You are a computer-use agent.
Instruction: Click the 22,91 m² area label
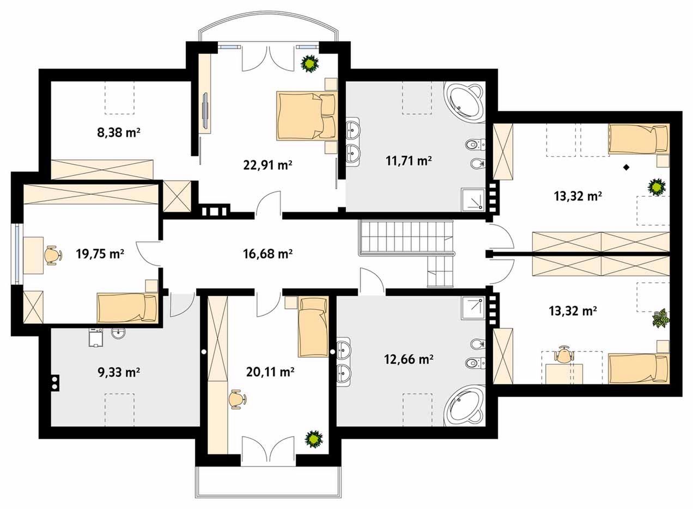268,165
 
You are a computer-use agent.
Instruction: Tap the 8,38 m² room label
118,133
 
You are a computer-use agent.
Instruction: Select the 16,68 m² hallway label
268,254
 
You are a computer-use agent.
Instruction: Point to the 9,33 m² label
118,372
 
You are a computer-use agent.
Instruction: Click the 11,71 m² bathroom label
409,161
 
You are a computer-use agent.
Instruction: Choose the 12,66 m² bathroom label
409,359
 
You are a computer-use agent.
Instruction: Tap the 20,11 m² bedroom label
270,372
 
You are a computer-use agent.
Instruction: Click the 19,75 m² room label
100,254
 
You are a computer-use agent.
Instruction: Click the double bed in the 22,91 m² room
306,115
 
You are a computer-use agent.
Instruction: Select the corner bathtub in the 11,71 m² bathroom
463,102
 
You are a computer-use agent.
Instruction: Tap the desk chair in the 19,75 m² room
52,255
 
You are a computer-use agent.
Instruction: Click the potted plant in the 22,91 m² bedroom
309,64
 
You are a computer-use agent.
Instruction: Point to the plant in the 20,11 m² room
314,439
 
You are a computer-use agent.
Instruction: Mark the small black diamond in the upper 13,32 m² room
627,168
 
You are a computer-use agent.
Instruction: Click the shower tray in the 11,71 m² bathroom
473,199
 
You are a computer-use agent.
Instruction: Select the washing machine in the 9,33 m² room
95,338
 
